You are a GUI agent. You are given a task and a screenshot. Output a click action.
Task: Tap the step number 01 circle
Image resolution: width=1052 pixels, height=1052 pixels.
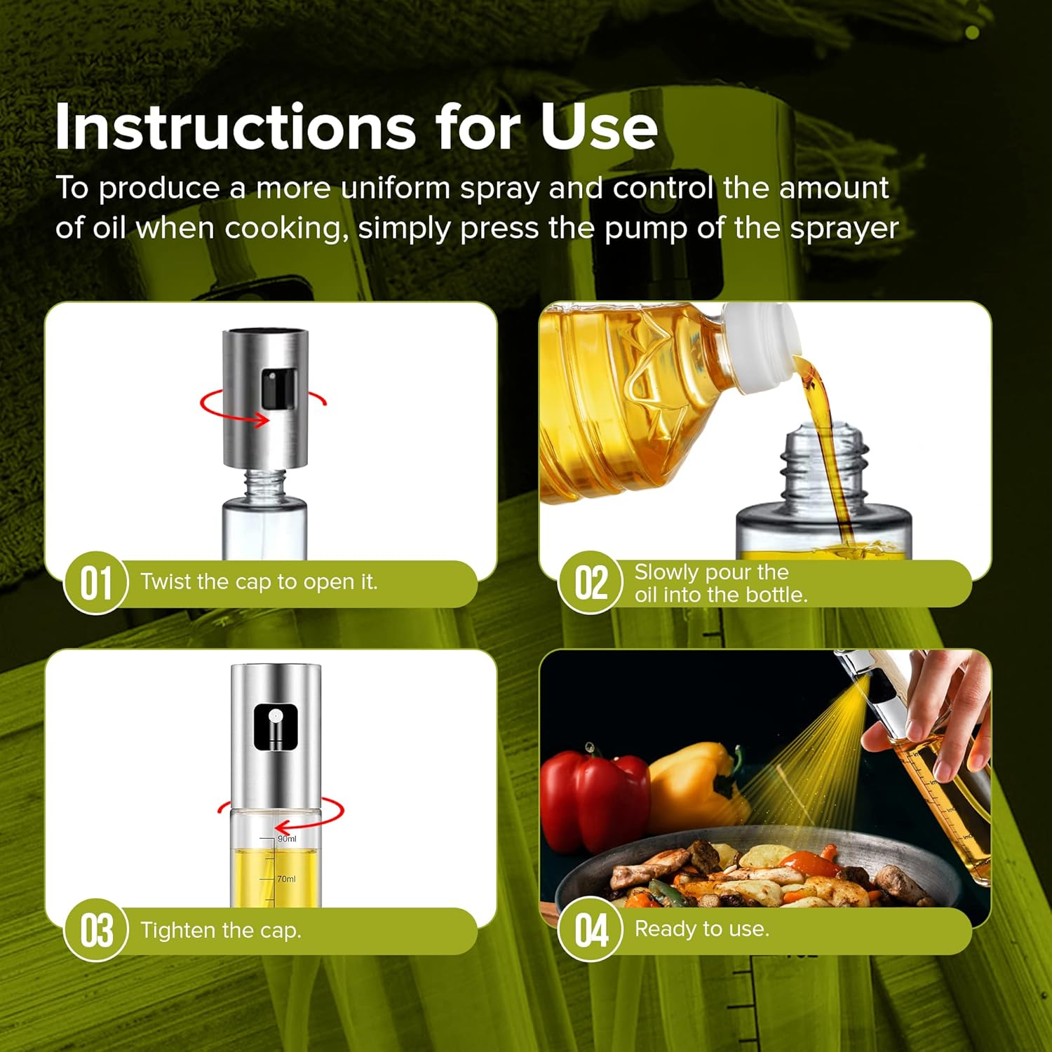(x=96, y=583)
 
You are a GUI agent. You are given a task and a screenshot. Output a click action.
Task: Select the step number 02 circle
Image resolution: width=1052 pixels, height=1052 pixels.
(x=591, y=583)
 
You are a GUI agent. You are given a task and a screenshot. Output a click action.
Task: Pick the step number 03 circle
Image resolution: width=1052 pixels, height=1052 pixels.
(x=96, y=931)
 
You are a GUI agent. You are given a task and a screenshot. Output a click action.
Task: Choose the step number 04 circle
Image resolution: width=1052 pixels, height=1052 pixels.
(x=591, y=931)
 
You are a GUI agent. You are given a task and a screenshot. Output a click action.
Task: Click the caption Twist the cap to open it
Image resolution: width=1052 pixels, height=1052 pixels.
(x=259, y=582)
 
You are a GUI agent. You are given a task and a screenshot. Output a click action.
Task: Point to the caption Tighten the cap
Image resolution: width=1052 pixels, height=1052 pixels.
(x=221, y=931)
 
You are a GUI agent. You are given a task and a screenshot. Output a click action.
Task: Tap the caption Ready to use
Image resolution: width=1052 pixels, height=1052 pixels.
(x=702, y=929)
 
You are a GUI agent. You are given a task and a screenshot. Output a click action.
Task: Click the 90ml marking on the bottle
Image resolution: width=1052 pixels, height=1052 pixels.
(x=287, y=839)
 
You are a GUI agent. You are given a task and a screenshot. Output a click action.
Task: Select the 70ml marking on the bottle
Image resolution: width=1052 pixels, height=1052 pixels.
(x=286, y=879)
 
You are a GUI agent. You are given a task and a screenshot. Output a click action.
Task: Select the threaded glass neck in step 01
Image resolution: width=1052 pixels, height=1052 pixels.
(x=264, y=483)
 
